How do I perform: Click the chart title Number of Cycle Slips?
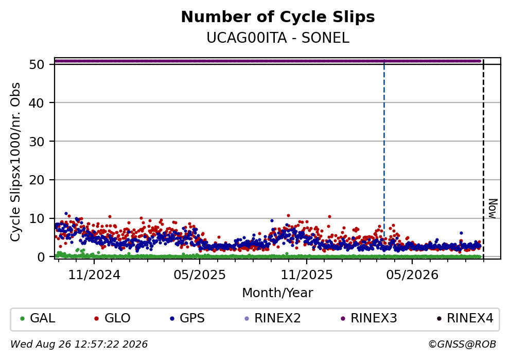tap(278, 17)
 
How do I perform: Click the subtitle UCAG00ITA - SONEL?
tap(278, 38)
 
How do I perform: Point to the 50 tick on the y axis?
tap(37, 64)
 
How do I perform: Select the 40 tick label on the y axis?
tap(37, 103)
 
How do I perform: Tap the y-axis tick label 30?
tap(37, 142)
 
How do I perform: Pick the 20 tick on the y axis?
tap(37, 180)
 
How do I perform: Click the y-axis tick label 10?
tap(37, 218)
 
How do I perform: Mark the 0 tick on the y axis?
tap(41, 257)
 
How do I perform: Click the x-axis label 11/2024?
tap(94, 275)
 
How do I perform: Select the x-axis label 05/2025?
tap(200, 275)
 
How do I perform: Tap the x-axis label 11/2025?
tap(307, 275)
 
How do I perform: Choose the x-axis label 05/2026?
tap(412, 275)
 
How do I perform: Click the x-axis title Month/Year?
tap(277, 293)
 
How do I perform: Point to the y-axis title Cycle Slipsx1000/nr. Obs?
tap(15, 162)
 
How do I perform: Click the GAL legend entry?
tap(38, 318)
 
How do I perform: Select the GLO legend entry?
tap(112, 318)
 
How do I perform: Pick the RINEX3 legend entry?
tap(368, 318)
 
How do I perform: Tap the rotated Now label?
tap(493, 209)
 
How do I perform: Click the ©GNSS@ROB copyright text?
tap(462, 345)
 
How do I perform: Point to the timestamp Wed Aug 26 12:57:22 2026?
tap(79, 345)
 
